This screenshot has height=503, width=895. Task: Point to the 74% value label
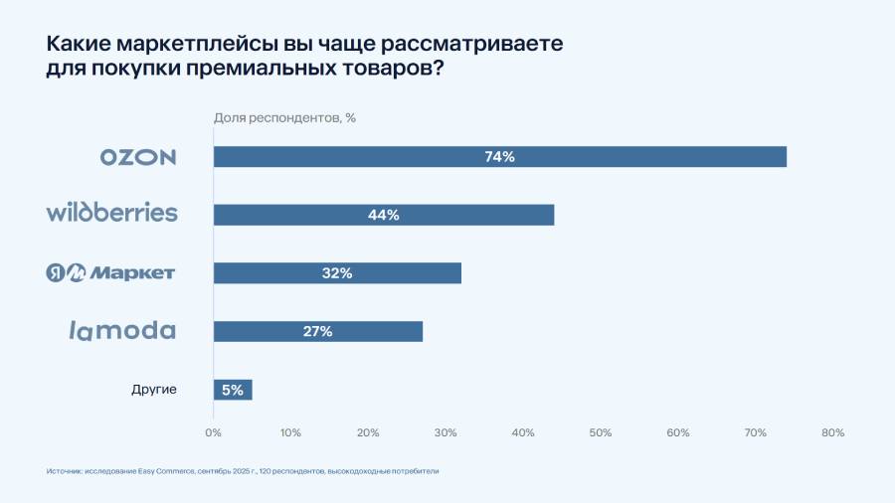coord(500,157)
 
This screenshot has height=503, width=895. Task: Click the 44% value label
coord(384,215)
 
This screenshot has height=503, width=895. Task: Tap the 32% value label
coord(337,273)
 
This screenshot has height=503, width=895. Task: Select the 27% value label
coord(318,331)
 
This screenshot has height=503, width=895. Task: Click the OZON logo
coord(138,157)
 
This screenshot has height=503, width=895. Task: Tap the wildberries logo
coord(112,213)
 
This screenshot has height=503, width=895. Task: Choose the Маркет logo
coord(111,272)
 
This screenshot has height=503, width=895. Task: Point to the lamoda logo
coord(122,331)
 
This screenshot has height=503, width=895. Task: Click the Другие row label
coord(154,390)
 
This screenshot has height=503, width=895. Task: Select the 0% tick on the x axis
coord(213,432)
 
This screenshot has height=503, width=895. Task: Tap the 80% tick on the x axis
coord(833,432)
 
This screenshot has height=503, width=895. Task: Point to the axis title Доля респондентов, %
coord(285,118)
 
